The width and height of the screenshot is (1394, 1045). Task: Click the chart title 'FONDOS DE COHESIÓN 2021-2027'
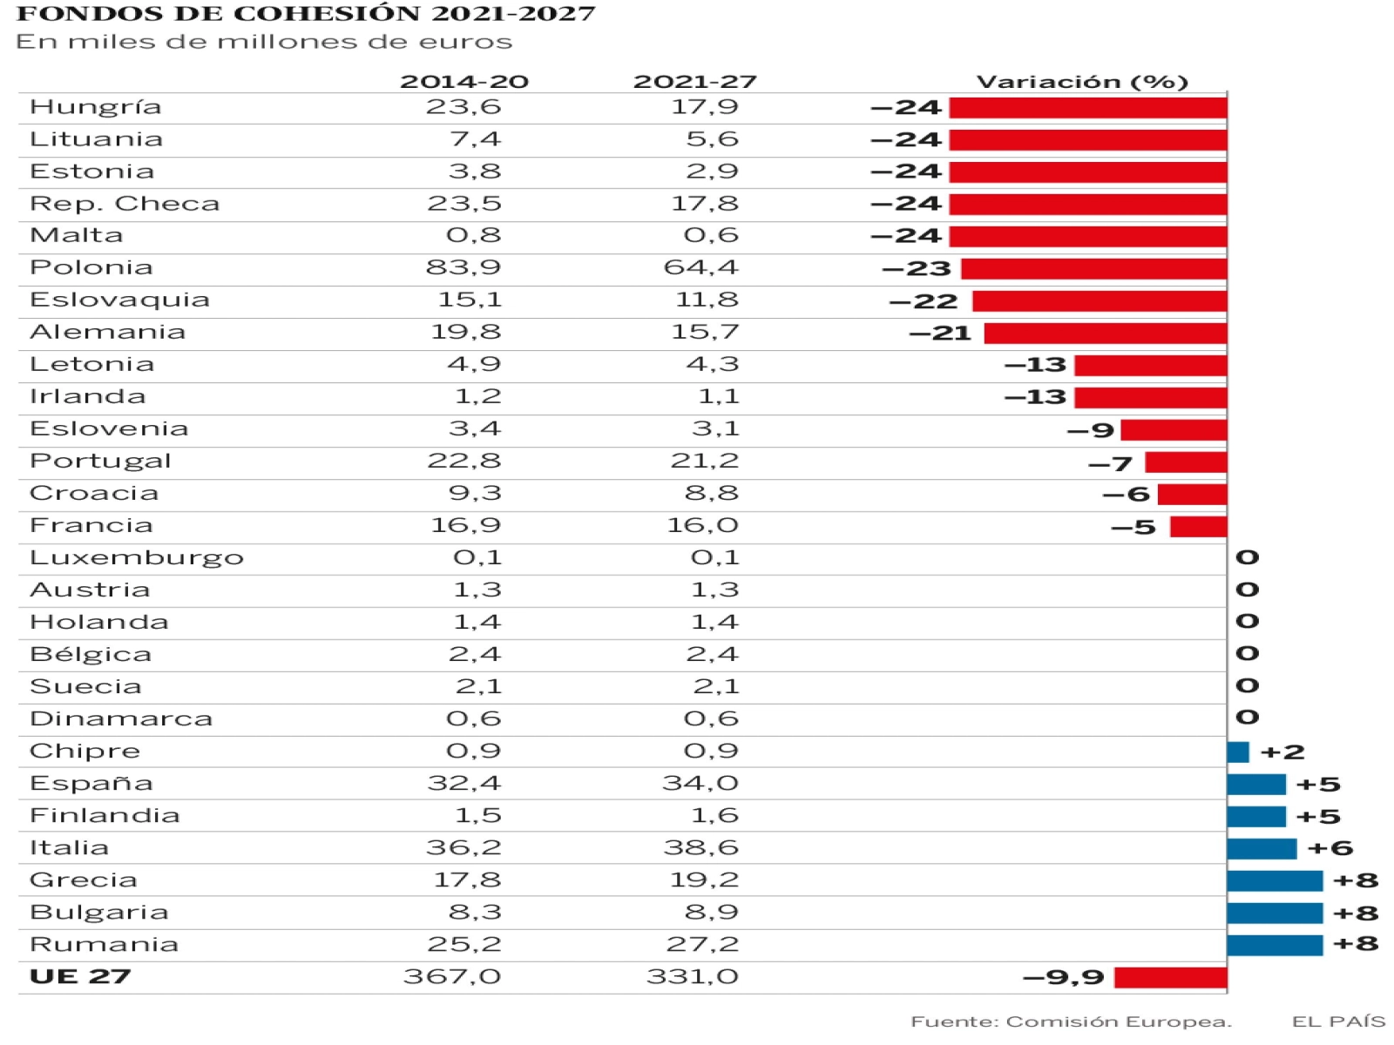305,14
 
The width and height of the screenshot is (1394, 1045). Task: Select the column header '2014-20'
464,82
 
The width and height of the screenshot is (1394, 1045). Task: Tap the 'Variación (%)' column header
1082,82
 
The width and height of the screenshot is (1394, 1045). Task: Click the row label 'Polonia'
91,267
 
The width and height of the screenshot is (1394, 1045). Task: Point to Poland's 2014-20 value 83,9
463,267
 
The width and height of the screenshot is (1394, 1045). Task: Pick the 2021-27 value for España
700,783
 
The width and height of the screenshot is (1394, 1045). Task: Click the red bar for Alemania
1105,333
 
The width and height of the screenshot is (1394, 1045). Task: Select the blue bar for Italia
1261,848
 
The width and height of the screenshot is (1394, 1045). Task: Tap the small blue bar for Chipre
1237,752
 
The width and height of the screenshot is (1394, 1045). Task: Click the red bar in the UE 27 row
1170,977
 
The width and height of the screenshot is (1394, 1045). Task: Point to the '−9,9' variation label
1063,977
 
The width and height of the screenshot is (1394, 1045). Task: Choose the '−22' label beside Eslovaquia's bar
924,301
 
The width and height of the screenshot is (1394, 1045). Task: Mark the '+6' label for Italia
1330,848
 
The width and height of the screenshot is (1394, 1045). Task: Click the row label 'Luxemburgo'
137,557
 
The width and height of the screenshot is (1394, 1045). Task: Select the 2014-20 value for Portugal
464,461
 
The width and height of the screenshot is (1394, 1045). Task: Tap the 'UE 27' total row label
80,976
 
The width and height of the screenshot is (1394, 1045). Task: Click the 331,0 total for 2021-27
692,976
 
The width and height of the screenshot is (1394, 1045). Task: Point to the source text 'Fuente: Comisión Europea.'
1071,1021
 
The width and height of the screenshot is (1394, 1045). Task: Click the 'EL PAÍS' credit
1338,1021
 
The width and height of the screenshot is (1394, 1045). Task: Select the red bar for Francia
1198,527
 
